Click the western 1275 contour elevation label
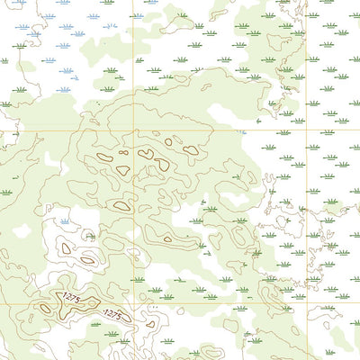coord(69,298)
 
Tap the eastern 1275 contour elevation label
coord(113,314)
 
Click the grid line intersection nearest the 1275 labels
coord(135,303)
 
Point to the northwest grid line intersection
coord(133,130)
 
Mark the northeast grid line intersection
coord(307,131)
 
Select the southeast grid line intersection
coord(307,303)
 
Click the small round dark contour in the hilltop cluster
coord(168,140)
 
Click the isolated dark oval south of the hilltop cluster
coord(121,206)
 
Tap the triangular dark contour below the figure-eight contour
coord(162,165)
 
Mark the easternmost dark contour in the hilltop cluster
coord(190,150)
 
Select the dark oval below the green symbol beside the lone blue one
coord(86,259)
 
